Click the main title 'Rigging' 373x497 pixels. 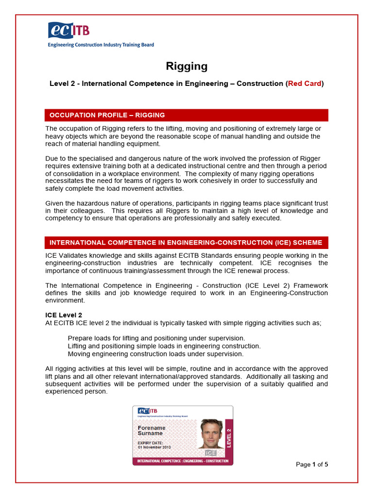click(x=186, y=66)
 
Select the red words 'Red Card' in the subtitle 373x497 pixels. click(x=305, y=83)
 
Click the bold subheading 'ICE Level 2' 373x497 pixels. click(x=64, y=315)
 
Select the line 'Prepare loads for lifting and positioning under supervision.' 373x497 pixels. click(x=156, y=338)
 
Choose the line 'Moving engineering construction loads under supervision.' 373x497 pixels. click(x=155, y=354)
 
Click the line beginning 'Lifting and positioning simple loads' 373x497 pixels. click(x=164, y=346)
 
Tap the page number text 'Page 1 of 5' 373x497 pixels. click(x=312, y=464)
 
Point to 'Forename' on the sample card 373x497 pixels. click(x=152, y=428)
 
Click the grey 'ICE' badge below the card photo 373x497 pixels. click(x=211, y=453)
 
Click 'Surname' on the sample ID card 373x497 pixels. click(x=151, y=433)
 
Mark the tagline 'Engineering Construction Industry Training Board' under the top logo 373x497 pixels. click(x=101, y=45)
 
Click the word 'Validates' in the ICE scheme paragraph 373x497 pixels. click(x=76, y=255)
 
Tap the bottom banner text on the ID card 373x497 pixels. click(x=183, y=461)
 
